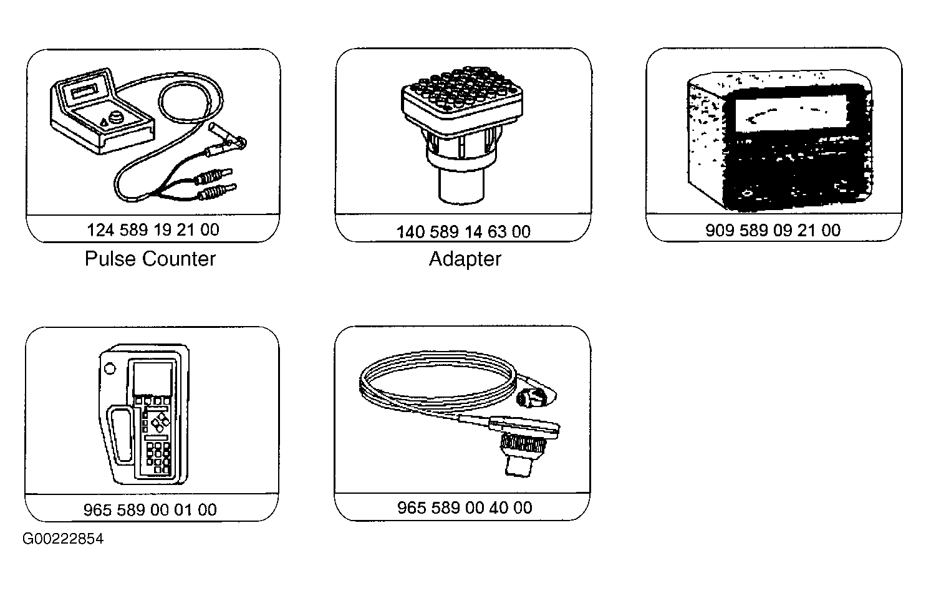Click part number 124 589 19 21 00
[153, 230]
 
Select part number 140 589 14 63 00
[463, 232]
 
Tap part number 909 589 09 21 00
[773, 230]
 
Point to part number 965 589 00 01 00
[150, 509]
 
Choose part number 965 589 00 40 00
[465, 507]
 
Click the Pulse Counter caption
[150, 259]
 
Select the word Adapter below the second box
[465, 259]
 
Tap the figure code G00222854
[63, 539]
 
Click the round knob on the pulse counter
[116, 118]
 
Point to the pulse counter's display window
[85, 91]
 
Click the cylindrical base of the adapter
[461, 186]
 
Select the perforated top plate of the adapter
[462, 94]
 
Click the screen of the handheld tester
[153, 378]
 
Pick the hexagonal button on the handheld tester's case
[110, 368]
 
